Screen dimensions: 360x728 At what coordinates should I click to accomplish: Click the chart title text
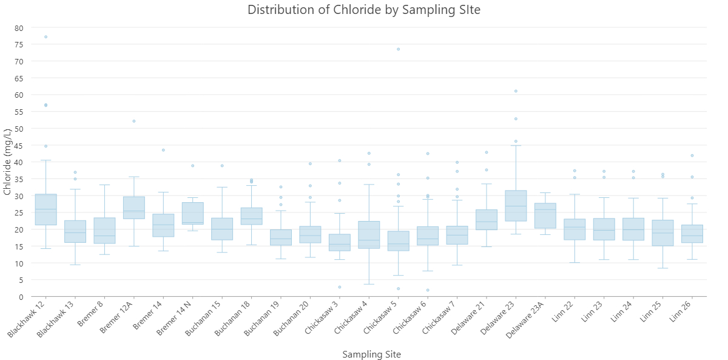point(364,10)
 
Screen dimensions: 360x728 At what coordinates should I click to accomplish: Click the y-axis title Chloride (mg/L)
point(7,161)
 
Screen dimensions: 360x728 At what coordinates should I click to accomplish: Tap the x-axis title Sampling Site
point(371,354)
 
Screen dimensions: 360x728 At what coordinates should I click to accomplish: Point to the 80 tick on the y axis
point(19,28)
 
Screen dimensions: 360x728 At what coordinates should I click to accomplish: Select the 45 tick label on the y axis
point(19,146)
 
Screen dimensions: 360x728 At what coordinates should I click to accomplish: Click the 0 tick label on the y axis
point(21,297)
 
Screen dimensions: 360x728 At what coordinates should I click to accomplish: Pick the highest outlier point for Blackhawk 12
point(45,37)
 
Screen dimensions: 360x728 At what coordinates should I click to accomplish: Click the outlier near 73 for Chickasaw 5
point(398,49)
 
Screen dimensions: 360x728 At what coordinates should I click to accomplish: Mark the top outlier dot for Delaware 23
point(516,91)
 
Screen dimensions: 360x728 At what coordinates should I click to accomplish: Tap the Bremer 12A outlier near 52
point(134,121)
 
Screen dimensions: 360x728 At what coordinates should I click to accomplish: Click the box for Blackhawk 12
point(45,209)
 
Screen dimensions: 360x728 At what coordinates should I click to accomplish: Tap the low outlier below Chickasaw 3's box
point(340,287)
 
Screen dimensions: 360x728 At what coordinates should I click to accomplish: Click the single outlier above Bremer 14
point(163,150)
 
